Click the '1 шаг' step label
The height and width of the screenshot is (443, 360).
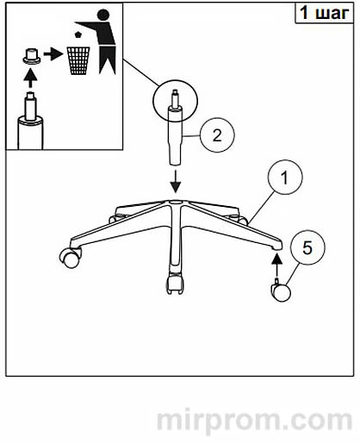click(x=325, y=13)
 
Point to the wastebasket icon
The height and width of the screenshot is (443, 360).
click(x=78, y=61)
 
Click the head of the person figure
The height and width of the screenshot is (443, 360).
click(x=103, y=15)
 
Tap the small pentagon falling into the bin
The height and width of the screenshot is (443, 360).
click(x=78, y=34)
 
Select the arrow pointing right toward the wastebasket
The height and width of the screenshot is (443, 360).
click(x=53, y=54)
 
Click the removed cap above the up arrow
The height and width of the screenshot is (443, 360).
click(x=32, y=56)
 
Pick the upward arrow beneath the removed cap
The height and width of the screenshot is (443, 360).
click(x=30, y=78)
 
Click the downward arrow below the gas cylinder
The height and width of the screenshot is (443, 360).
click(x=176, y=182)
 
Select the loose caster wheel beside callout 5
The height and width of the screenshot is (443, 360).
click(x=281, y=290)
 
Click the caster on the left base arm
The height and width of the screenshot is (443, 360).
click(x=70, y=257)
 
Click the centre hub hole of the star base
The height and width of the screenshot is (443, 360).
click(x=174, y=203)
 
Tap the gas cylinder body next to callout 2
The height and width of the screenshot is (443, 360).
click(x=175, y=135)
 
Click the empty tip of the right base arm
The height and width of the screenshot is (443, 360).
click(x=277, y=246)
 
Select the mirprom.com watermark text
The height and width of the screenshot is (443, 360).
click(x=254, y=421)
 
